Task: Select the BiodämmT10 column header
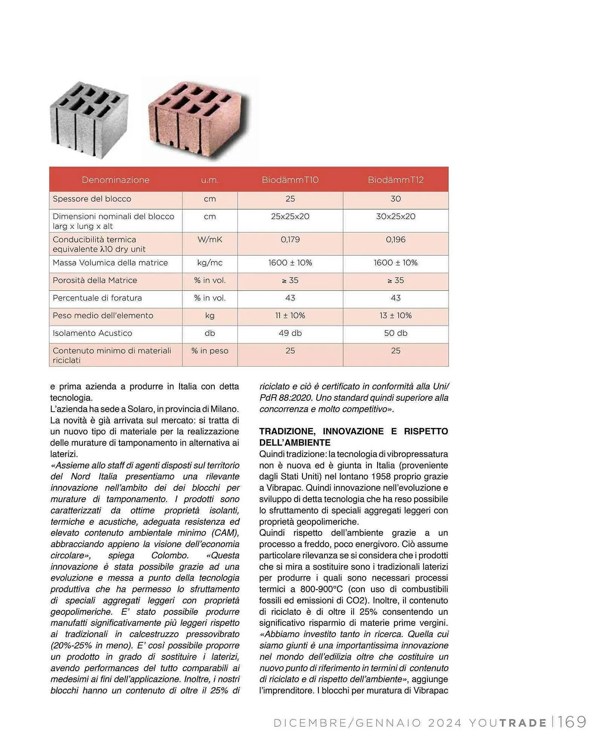click(290, 180)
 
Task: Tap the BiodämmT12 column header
click(396, 180)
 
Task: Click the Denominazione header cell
click(116, 180)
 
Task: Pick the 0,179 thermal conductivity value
click(290, 239)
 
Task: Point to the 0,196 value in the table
click(396, 239)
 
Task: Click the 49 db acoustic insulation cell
click(290, 333)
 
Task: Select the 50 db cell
click(396, 333)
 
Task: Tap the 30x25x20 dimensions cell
click(396, 216)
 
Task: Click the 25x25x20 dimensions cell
click(290, 216)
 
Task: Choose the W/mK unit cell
click(210, 239)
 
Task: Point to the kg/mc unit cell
click(210, 263)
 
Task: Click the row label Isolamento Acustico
click(92, 333)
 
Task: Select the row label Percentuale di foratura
click(97, 298)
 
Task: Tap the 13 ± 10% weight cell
click(396, 316)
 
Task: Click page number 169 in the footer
click(572, 722)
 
